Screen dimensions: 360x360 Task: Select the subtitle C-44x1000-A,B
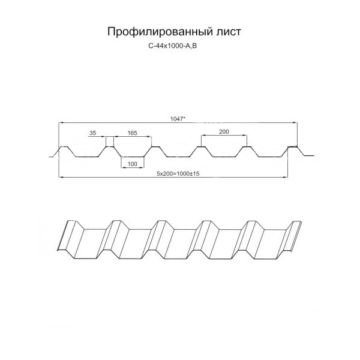coord(173,46)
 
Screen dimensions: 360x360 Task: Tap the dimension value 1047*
coord(178,119)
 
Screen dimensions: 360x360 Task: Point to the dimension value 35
coord(92,133)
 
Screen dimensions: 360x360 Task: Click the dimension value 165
coord(132,133)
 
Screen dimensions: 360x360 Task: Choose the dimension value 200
coord(224,131)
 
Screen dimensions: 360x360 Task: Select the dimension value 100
coord(132,164)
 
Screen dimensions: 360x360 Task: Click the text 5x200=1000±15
coord(178,174)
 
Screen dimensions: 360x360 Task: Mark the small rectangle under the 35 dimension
coord(110,142)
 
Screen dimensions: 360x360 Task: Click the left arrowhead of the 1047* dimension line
coord(61,123)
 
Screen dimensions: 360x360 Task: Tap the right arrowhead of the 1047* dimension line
coord(295,123)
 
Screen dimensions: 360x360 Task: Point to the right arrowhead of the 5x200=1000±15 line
coord(286,177)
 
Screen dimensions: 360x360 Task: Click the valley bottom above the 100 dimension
coord(133,157)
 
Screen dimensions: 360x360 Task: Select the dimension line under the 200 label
coord(224,135)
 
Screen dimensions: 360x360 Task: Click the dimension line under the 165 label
coord(133,137)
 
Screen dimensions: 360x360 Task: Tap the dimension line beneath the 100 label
coord(133,167)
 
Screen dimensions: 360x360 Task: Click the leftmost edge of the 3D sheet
coord(62,236)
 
